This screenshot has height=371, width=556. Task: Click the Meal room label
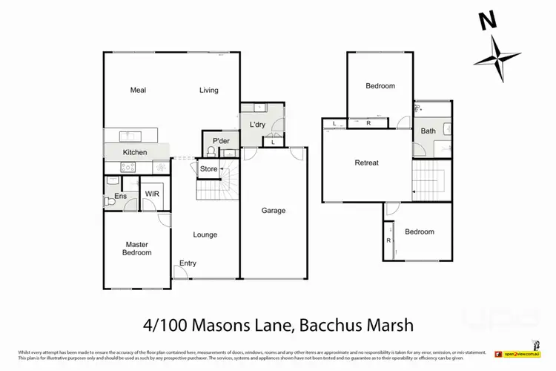138,91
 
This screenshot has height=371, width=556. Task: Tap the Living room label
208,91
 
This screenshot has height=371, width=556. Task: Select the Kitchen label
135,152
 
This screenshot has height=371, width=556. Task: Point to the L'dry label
257,124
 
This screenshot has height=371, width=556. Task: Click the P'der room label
220,142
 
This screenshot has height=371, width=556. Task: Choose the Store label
209,169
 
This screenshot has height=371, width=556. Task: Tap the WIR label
152,194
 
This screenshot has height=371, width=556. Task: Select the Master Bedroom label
137,249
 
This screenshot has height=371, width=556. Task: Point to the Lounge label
205,235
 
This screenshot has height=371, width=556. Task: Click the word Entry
188,263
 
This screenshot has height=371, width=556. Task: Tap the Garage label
273,211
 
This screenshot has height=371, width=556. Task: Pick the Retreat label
366,162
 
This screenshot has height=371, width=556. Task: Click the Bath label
428,131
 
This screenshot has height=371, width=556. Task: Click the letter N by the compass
487,22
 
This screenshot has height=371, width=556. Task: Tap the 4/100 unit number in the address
162,325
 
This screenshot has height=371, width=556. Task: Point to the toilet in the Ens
109,200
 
